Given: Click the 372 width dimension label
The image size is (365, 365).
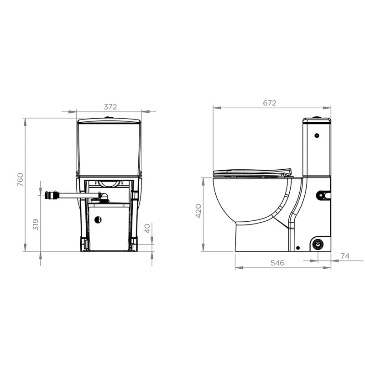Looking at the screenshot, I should point(110,107).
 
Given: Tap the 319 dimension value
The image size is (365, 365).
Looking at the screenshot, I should point(36,224).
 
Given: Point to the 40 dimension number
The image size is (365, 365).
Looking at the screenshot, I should point(147,229).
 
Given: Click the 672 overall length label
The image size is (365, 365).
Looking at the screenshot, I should point(270,103).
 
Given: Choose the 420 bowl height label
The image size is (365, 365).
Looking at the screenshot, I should point(198,211).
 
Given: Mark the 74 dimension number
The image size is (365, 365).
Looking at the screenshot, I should point(345,256).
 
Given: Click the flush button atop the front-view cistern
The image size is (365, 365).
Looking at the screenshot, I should point(109,118).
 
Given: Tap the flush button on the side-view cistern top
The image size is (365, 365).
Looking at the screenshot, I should point(317,118).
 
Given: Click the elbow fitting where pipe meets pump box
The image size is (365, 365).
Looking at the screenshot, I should point(100,197).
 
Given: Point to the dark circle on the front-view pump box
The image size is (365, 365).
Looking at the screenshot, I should point(98,220).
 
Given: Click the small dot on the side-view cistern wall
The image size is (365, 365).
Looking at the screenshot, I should point(316,136).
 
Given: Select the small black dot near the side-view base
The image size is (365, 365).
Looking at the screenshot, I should point(297,247).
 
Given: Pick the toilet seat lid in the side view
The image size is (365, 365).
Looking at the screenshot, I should point(252,171).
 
